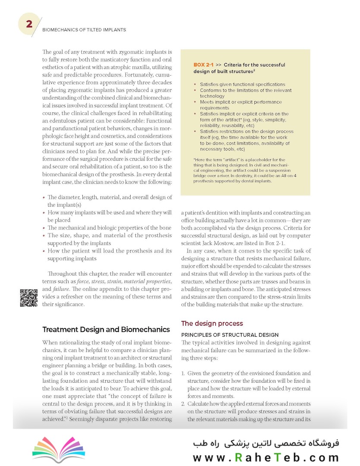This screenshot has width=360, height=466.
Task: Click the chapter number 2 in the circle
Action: pos(29,24)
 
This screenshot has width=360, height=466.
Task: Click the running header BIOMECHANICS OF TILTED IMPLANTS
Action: pos(84,30)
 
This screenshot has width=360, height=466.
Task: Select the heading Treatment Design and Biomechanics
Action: pos(106,330)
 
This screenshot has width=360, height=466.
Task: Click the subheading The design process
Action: pos(212,323)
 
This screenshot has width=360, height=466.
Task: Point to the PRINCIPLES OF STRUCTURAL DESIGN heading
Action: pos(230,334)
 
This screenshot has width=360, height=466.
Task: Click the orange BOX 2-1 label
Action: pos(203,65)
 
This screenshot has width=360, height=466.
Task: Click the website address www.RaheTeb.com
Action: pos(266,458)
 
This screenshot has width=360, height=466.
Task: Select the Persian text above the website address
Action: pos(266,443)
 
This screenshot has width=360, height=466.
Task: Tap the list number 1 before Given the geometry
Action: pos(183,373)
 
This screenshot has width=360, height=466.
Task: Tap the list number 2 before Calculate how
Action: pos(183,404)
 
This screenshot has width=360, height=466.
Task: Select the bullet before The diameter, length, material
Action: pos(44,198)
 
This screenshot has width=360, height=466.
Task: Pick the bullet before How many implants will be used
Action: pos(44,213)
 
